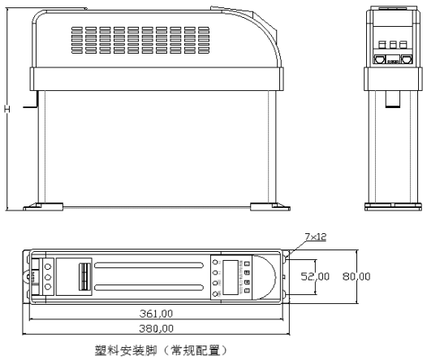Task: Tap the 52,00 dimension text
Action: [x=317, y=276]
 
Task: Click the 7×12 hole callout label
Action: [x=314, y=236]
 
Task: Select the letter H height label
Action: [x=7, y=109]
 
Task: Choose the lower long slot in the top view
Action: [x=150, y=288]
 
